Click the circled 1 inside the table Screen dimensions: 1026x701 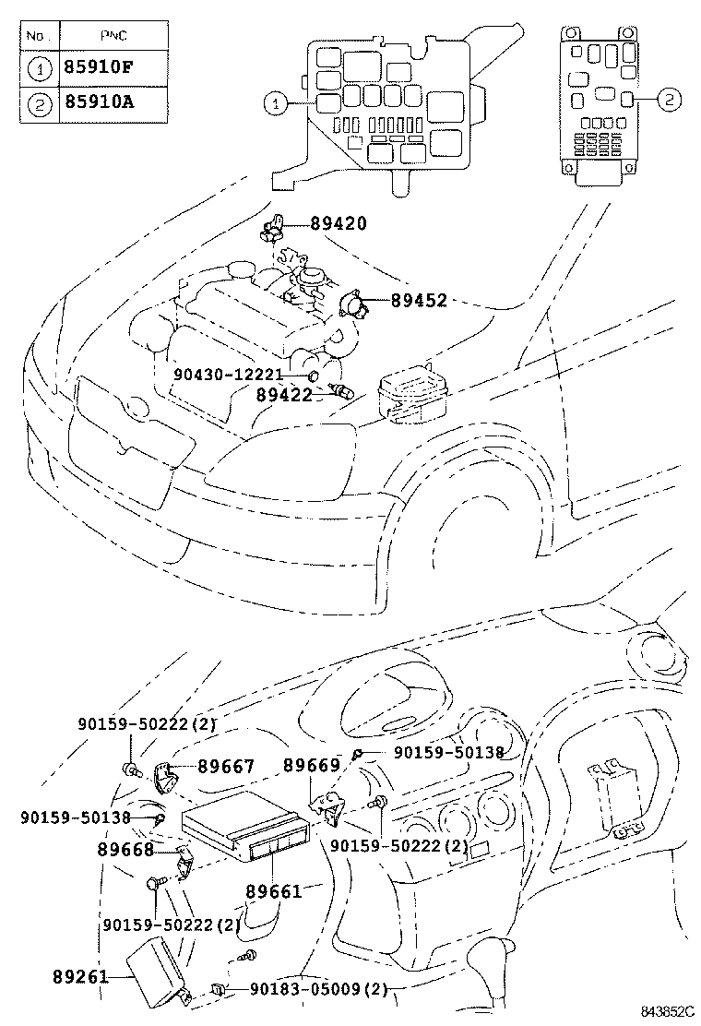(x=38, y=68)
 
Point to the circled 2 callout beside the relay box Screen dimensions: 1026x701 (x=671, y=100)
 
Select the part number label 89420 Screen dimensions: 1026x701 (x=338, y=223)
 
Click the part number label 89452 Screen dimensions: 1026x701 (x=418, y=301)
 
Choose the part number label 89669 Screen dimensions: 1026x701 (x=311, y=765)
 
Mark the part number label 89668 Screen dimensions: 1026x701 (x=126, y=849)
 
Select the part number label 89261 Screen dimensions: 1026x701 (x=80, y=976)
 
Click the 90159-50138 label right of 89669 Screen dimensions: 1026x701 (x=448, y=753)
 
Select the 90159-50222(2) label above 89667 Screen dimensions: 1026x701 (x=148, y=724)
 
